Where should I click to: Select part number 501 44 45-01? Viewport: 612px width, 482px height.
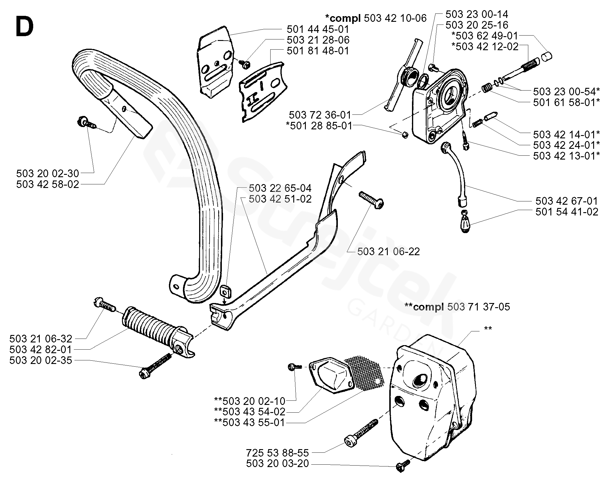coord(318,29)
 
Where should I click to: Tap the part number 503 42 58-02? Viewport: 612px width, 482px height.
coord(48,184)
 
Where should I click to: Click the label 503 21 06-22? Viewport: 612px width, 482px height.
coord(388,252)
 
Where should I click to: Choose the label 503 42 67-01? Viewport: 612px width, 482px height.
coord(567,201)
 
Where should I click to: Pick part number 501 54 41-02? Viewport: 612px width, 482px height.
coord(567,212)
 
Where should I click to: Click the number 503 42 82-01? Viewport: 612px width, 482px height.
coord(41,349)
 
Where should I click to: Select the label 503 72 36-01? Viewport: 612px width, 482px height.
coord(320,115)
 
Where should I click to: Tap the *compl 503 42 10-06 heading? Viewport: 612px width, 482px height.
coord(376,18)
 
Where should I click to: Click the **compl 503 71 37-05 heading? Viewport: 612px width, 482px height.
coord(457,307)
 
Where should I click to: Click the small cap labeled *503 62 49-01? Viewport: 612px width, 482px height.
coord(547,56)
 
